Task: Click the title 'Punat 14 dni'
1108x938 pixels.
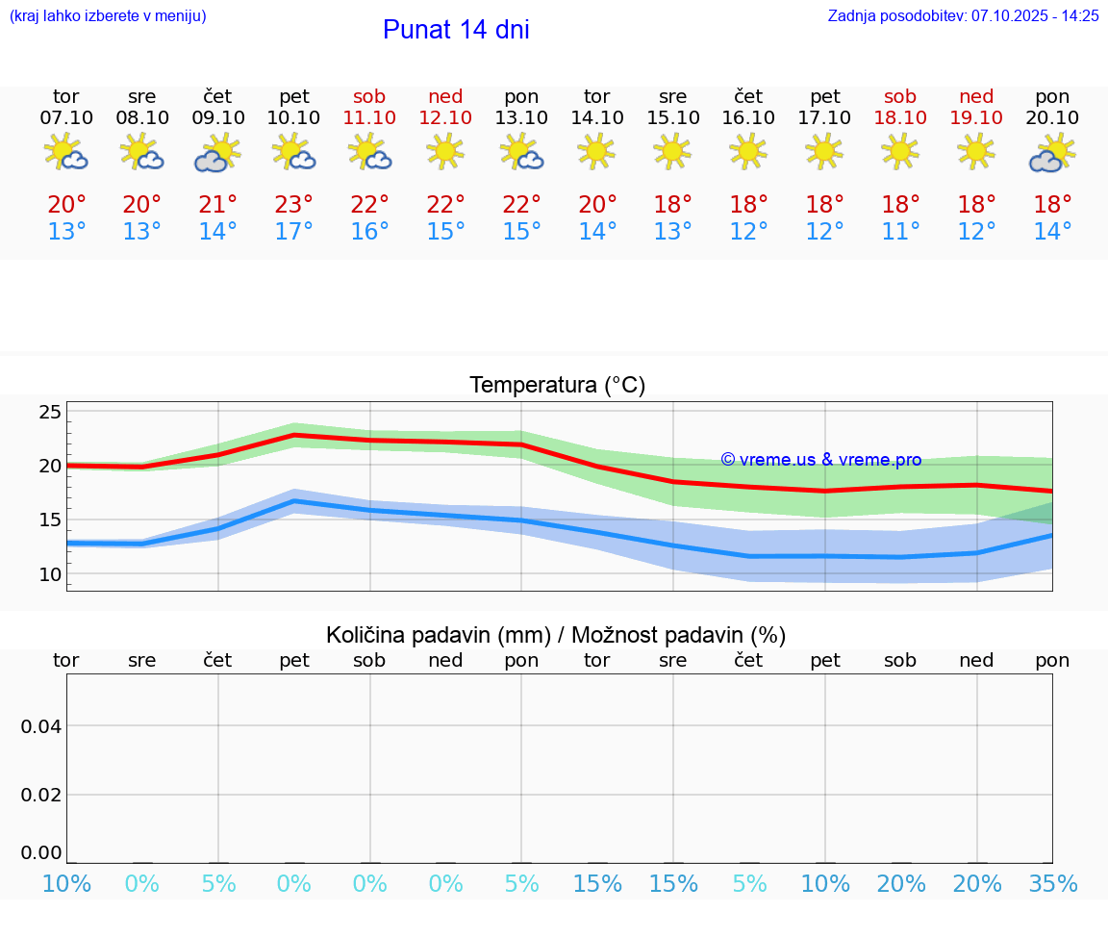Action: coord(456,30)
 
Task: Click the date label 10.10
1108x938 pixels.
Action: coord(294,117)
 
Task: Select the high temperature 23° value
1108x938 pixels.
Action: coord(294,204)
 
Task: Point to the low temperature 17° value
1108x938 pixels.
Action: coord(294,232)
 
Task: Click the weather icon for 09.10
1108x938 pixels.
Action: coord(218,153)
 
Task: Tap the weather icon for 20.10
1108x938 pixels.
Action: coord(1052,153)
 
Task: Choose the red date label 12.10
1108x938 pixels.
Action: coord(445,117)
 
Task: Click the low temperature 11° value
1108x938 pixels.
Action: coord(900,232)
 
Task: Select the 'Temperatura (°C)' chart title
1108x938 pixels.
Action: coord(558,385)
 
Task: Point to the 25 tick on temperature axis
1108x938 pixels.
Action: coord(50,412)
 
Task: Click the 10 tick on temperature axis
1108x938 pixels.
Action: coord(50,574)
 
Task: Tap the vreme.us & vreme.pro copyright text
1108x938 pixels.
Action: coord(820,460)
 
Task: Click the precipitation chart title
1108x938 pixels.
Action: coord(556,635)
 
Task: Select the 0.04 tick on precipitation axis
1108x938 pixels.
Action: coord(41,725)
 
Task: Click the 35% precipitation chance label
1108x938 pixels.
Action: coord(1052,884)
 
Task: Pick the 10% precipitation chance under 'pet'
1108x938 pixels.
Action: coord(825,884)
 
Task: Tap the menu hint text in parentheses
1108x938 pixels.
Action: coord(108,15)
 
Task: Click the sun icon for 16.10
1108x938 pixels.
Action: coord(748,150)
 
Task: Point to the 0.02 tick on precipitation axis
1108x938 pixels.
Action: coord(41,795)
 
